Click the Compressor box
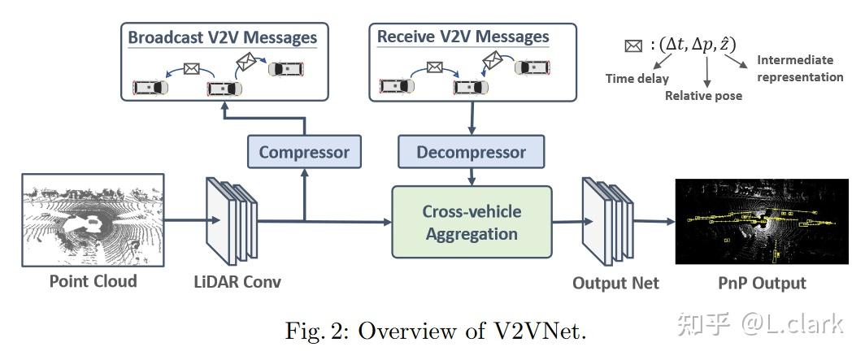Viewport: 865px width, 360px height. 304,152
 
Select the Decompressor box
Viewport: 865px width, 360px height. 471,152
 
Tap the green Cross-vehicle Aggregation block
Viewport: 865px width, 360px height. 471,222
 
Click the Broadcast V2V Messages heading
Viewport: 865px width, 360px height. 222,37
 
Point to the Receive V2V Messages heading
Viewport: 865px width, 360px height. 463,37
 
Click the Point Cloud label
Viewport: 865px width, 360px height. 93,281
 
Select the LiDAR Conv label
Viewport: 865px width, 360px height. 237,282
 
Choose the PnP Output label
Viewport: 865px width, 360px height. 762,283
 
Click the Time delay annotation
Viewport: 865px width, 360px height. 637,79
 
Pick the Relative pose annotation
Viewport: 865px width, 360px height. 703,95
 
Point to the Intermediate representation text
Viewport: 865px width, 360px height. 799,68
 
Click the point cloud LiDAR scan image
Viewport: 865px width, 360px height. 93,219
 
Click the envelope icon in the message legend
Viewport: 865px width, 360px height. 632,46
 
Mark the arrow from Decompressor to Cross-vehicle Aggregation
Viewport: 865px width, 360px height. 472,176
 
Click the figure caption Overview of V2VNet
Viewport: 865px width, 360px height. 435,332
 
